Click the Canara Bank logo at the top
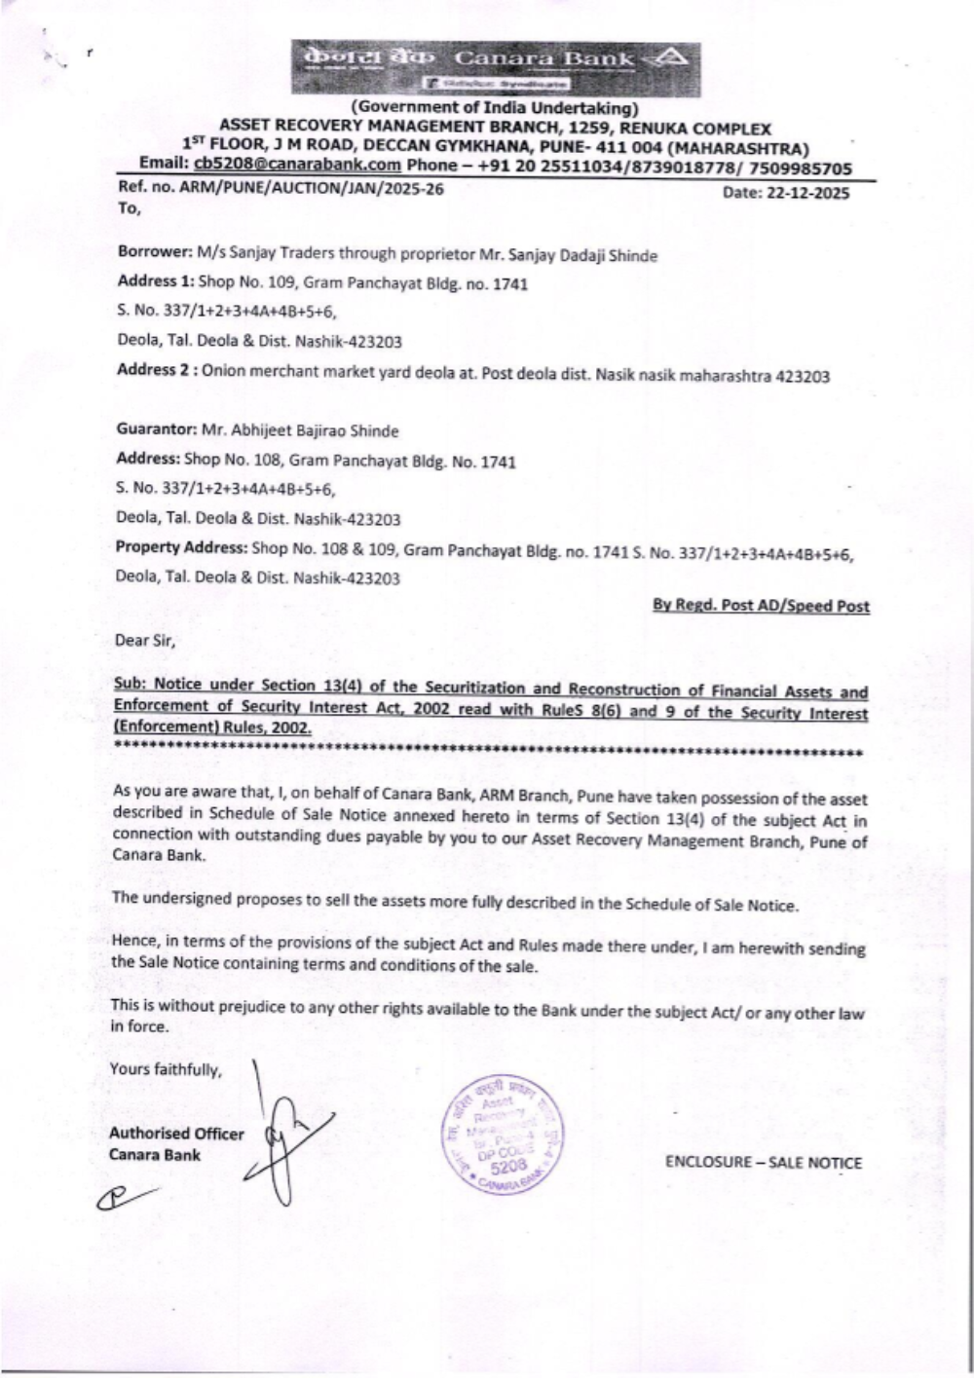(x=495, y=66)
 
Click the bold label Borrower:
(x=154, y=253)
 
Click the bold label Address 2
(x=156, y=370)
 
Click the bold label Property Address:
(x=181, y=547)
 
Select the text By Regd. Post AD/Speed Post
(x=761, y=606)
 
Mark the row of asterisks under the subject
(x=487, y=752)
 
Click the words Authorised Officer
(x=176, y=1134)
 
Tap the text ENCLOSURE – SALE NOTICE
(x=764, y=1162)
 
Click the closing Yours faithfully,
(x=166, y=1069)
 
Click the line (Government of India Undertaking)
(x=495, y=108)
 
